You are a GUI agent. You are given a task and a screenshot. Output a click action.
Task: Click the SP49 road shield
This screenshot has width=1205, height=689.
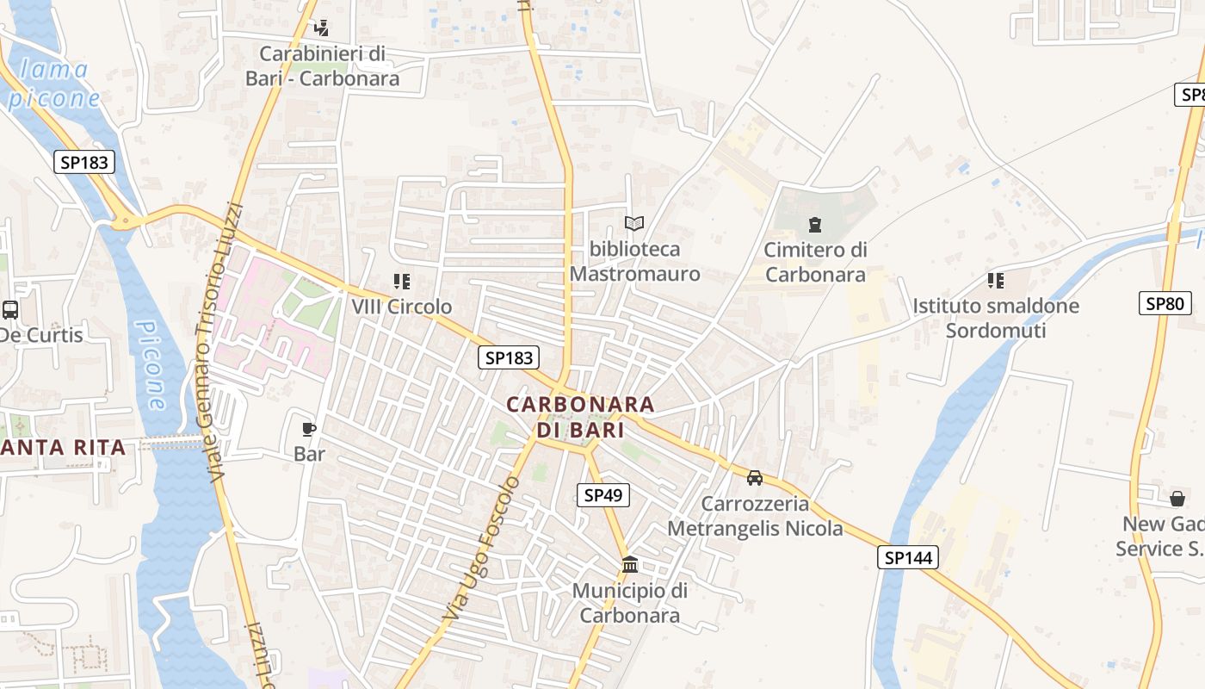point(603,494)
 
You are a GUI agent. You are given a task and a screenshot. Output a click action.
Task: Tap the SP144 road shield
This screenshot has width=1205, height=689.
point(907,557)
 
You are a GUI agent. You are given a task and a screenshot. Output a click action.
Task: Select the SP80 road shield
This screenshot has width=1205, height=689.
point(1165,302)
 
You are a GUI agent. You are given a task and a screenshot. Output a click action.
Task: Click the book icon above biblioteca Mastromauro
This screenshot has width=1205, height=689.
point(634,224)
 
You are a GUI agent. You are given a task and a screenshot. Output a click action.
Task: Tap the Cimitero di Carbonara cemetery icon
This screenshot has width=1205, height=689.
point(814,226)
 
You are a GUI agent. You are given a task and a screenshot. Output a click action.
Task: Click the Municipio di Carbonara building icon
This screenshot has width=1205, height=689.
point(630,565)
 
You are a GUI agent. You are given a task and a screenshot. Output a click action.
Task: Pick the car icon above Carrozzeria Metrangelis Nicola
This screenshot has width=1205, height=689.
point(755,478)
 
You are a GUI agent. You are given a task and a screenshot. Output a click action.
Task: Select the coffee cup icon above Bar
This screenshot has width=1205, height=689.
point(309,429)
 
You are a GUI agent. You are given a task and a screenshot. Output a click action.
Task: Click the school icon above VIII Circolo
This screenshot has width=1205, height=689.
point(401,281)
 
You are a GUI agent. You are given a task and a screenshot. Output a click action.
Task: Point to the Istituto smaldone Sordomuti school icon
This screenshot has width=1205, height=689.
point(996,280)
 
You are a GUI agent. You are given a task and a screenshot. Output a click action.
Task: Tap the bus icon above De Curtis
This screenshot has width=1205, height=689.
point(10,309)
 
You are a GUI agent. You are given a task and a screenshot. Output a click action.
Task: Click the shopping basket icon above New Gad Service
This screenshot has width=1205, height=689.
point(1177,499)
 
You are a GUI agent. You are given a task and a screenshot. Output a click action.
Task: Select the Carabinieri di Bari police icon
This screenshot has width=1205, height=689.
point(321,28)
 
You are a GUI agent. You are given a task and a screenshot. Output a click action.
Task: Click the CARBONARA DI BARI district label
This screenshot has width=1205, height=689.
point(580,416)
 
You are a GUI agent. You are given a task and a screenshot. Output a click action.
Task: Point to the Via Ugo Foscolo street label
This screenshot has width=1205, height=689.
point(482,549)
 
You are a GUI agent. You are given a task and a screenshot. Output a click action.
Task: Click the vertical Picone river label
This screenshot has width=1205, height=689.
point(151,366)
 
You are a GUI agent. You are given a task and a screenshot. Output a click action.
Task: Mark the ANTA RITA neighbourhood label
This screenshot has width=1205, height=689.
point(64,447)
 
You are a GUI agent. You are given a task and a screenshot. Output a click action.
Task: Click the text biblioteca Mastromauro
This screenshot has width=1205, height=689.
point(634,262)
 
